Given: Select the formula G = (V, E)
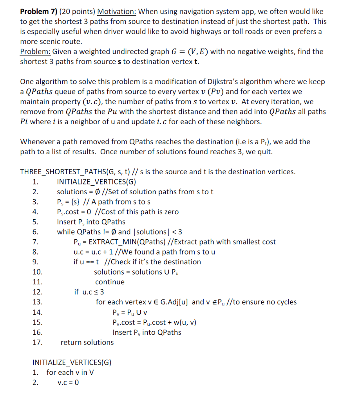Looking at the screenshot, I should [190, 52].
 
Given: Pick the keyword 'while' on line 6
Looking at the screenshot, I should [66, 232].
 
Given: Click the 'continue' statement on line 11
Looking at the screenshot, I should [110, 282].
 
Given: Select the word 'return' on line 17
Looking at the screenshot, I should [71, 342].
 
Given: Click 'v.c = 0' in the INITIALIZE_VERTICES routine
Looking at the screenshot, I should [68, 383].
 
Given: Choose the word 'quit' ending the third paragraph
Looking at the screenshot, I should [265, 152].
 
